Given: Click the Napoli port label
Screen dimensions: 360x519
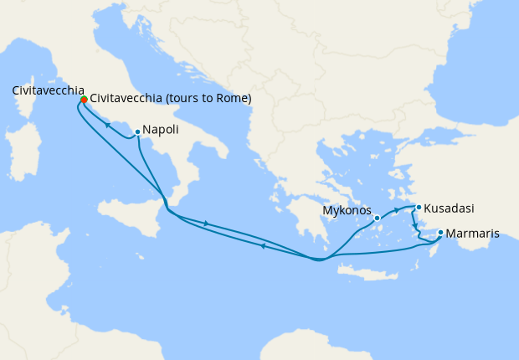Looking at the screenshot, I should [159, 131].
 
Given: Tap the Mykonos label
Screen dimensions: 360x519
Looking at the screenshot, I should [346, 211].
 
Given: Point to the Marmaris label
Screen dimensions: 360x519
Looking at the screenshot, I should [472, 234].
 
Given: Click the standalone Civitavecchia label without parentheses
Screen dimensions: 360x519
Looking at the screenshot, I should [48, 90].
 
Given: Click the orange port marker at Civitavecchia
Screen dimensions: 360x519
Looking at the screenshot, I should [84, 100].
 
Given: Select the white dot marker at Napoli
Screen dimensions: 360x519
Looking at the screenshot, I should [137, 131].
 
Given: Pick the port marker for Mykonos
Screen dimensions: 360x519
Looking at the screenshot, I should [378, 218].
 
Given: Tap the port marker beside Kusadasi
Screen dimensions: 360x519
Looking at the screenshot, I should [419, 207].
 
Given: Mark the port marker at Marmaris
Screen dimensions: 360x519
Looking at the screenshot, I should [440, 234].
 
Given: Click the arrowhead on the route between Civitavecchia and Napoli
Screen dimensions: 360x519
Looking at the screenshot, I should [107, 125].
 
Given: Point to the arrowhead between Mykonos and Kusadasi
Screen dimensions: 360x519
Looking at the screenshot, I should [395, 208].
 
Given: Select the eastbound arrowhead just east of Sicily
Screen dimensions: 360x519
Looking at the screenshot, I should [205, 223].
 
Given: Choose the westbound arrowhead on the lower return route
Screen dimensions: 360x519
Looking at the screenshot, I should [263, 245].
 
